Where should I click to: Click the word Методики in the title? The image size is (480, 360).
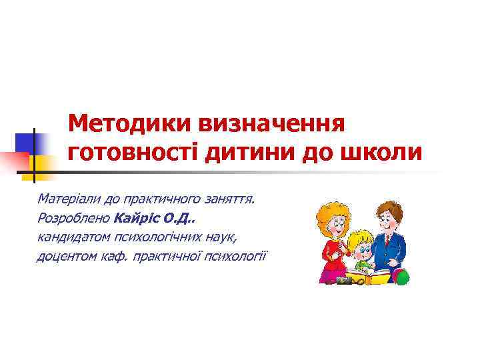click(x=125, y=123)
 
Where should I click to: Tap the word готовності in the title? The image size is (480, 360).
click(x=133, y=152)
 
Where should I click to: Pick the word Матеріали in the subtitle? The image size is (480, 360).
click(x=67, y=199)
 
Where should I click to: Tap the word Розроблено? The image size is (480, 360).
click(x=74, y=217)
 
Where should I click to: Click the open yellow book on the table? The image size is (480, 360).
click(x=367, y=275)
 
